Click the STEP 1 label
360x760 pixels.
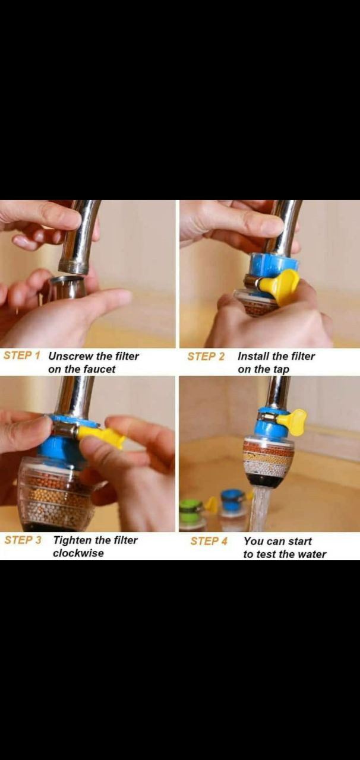click(x=22, y=356)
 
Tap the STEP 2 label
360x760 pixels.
click(x=206, y=357)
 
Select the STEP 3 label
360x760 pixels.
click(x=23, y=540)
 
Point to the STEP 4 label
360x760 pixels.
click(x=209, y=541)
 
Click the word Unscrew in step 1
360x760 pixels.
click(x=71, y=356)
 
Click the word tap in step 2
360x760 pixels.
click(x=280, y=370)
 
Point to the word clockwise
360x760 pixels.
click(x=78, y=553)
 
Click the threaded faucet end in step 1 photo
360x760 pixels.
click(x=74, y=267)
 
